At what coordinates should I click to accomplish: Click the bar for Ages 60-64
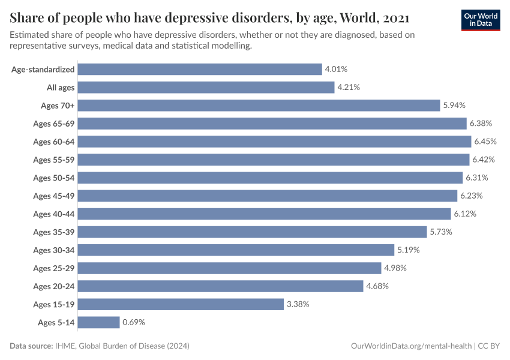274,142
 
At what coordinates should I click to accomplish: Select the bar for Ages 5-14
99,322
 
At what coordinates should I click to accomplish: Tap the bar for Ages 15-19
181,304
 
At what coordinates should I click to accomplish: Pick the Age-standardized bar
200,70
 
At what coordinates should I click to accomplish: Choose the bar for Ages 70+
259,106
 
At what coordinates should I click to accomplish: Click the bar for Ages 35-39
253,232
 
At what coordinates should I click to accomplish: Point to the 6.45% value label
485,142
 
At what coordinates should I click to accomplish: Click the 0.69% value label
134,322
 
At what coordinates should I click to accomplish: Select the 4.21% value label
349,88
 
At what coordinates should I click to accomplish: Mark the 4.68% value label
377,286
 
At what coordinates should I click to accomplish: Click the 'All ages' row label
61,88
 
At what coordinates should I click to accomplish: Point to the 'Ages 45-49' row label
54,196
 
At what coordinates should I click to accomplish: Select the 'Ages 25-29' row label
54,268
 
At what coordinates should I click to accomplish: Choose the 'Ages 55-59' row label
54,160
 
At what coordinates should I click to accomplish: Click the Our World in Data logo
480,20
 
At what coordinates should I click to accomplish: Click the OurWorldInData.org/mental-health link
411,346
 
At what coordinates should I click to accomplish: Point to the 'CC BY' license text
489,346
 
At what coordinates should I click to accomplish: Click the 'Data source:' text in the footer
31,346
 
